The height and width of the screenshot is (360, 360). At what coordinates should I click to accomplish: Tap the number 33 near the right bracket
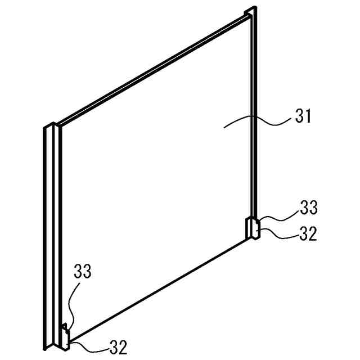tap(308, 208)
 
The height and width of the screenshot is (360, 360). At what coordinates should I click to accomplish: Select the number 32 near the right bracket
tap(308, 233)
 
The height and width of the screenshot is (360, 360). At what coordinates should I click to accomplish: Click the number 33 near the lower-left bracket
tap(82, 272)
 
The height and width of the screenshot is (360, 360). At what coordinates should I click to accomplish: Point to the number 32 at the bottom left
tap(118, 347)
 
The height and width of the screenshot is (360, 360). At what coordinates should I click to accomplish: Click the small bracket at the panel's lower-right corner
tap(253, 228)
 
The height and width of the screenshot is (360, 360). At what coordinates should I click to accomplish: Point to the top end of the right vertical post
tap(253, 11)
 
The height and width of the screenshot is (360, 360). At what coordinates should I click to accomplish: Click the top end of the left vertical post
tap(48, 126)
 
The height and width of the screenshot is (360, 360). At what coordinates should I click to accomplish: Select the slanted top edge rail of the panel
tap(152, 69)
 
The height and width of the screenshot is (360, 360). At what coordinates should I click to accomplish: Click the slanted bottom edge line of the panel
tap(157, 289)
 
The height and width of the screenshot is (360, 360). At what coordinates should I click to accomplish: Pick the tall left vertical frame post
tap(48, 236)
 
